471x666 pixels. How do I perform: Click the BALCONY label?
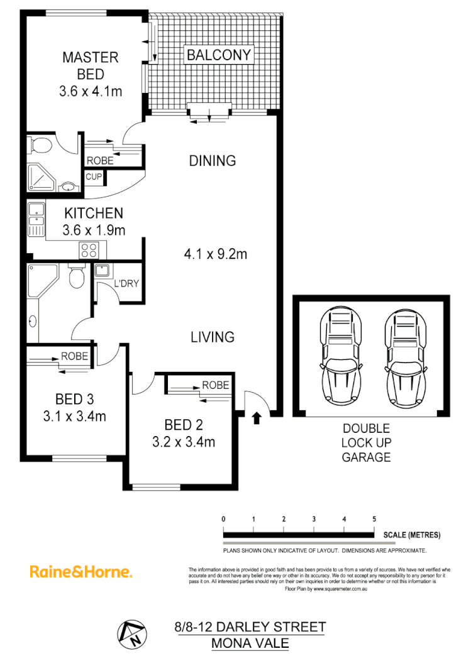(x=219, y=55)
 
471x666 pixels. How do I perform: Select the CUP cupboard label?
(x=94, y=177)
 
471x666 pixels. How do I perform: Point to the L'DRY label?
(x=126, y=283)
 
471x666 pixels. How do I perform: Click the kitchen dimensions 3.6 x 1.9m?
(x=94, y=231)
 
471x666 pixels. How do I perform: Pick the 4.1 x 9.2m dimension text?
(x=215, y=254)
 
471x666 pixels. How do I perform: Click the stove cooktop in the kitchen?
(x=88, y=250)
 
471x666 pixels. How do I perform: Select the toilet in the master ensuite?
(x=41, y=146)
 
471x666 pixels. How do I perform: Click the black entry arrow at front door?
(x=257, y=417)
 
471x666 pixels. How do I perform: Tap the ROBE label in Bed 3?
(x=74, y=356)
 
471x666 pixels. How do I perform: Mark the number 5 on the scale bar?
(x=374, y=519)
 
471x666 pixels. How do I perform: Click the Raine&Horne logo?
(x=81, y=572)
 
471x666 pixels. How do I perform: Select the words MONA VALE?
(x=250, y=644)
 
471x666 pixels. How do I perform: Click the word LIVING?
(x=213, y=337)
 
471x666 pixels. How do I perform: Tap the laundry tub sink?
(x=101, y=271)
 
